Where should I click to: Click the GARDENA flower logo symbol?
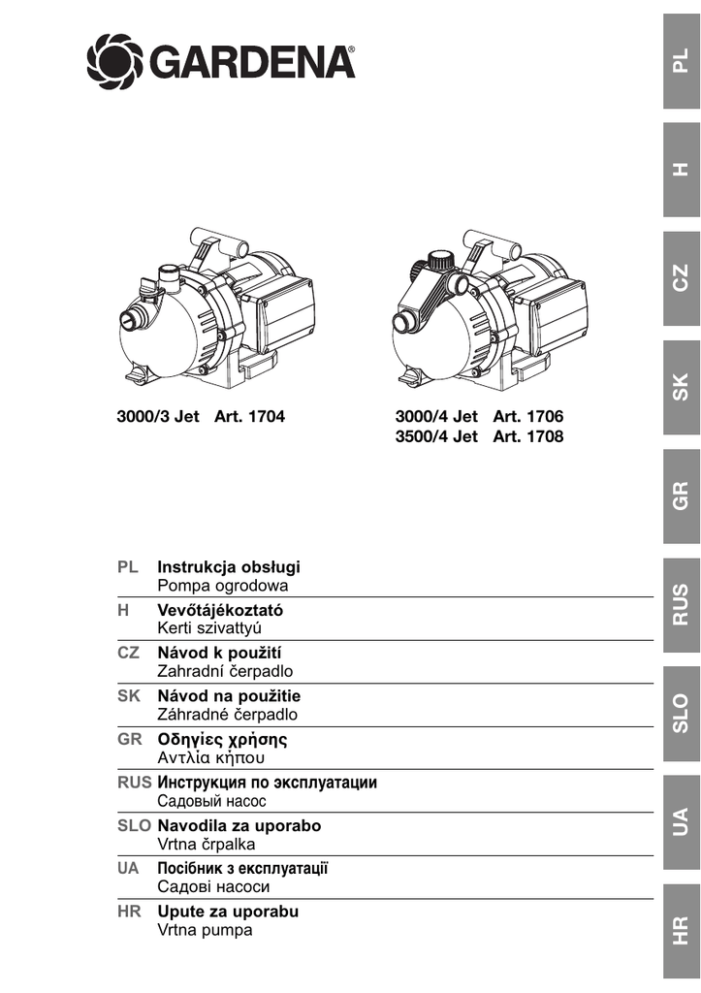point(115,60)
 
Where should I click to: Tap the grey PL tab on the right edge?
point(681,61)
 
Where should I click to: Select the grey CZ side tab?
point(681,278)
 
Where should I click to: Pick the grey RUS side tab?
point(681,605)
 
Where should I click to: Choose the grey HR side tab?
point(681,930)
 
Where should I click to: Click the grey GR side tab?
point(681,496)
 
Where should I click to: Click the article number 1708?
point(543,437)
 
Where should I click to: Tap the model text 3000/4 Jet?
point(437,417)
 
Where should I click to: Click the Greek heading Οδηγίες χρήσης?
point(222,739)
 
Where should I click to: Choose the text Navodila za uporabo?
point(239,826)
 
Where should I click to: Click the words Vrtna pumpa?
point(205,930)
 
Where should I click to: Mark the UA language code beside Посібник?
point(128,869)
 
